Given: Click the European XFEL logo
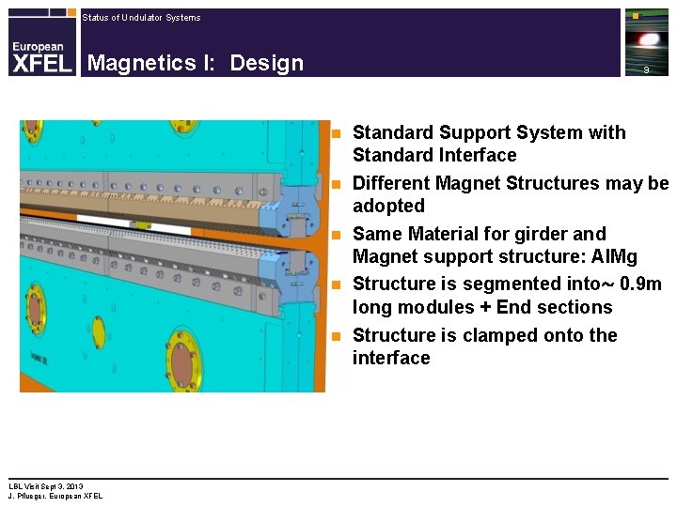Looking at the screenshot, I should coord(41,55).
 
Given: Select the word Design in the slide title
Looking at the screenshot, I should coord(266,63).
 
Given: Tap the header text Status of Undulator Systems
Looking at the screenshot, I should coord(141,18).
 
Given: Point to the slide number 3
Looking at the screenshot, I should coord(646,70).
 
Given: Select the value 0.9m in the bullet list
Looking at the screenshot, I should coord(640,284).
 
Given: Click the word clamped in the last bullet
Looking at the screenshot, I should coord(482,335).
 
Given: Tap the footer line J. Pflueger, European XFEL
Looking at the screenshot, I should coord(55,496).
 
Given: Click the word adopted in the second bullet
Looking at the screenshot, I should coord(388,206).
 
